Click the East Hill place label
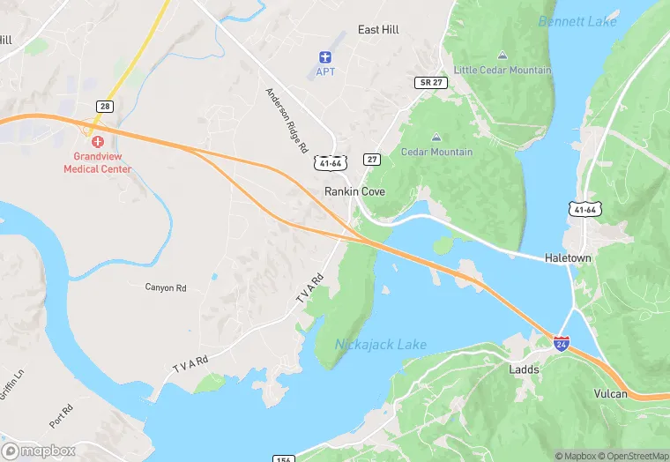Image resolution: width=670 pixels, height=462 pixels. point(378,30)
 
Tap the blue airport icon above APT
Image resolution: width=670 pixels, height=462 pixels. point(326,56)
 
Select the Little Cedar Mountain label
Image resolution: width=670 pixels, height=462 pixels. point(502,70)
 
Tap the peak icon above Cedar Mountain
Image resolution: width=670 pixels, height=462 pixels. point(436,138)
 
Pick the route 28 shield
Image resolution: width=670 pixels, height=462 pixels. point(105,107)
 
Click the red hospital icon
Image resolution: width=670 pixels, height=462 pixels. point(97,141)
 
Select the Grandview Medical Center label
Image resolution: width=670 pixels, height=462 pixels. point(97,163)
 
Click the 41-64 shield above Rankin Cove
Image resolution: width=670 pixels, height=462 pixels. point(327,163)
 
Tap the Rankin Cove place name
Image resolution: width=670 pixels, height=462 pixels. point(355,190)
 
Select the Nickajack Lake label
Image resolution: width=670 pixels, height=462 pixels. point(381,344)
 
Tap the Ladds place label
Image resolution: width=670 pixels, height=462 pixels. point(524,369)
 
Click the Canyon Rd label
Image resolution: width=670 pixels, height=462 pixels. point(166,287)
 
